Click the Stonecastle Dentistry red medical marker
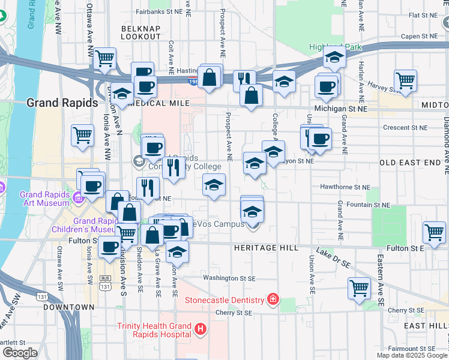point(273,299)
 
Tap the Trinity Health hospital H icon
point(200,329)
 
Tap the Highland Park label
point(336,47)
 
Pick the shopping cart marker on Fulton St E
point(434,231)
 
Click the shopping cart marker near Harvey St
point(406,80)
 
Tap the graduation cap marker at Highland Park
point(335,58)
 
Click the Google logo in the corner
point(20,353)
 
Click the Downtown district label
point(68,307)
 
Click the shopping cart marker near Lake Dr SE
point(359,288)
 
